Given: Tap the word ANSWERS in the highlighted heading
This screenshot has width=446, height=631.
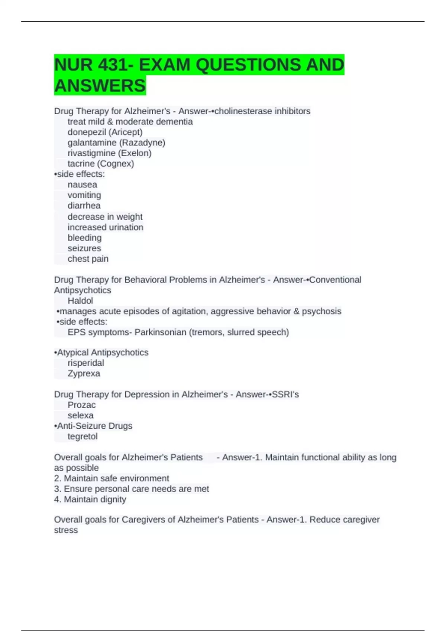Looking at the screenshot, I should pos(100,86).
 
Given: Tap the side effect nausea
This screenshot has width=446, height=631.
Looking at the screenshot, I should pos(82,184).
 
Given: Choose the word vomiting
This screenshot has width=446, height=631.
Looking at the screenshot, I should pos(84,195).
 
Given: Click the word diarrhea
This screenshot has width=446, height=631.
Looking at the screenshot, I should pos(84,206).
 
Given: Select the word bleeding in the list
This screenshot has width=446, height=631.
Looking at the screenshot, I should pos(84,238).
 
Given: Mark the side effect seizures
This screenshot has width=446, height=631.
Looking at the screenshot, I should pos(84,248).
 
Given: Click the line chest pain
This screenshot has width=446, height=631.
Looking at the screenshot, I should pos(88,259).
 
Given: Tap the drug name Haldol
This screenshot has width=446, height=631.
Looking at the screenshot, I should pos(80,301).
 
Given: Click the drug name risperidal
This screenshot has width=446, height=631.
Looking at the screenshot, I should pos(85,363).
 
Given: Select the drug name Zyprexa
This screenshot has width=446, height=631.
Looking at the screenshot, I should pos(84,373).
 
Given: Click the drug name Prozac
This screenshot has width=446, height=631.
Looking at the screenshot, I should pos(81,405).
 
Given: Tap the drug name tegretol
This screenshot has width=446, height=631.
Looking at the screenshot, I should pos(83,437).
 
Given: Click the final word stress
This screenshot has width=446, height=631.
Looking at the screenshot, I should pos(66,530).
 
